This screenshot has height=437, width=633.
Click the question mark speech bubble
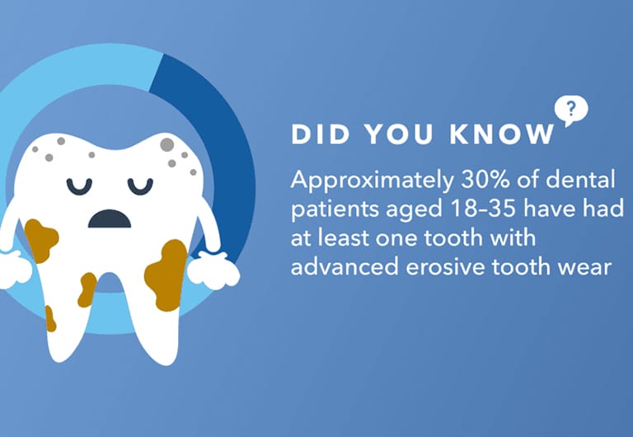pyautogui.click(x=571, y=110)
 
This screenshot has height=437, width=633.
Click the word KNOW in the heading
pyautogui.click(x=503, y=134)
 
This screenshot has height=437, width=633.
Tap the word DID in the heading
pyautogui.click(x=320, y=134)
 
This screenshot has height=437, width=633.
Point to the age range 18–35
pyautogui.click(x=482, y=209)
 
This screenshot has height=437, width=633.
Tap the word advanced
pyautogui.click(x=345, y=266)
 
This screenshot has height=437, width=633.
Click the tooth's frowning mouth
pyautogui.click(x=110, y=218)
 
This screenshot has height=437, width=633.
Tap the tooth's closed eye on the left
pyautogui.click(x=79, y=186)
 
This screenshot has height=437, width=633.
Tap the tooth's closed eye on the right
pyautogui.click(x=140, y=186)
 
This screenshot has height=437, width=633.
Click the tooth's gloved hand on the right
pyautogui.click(x=213, y=270)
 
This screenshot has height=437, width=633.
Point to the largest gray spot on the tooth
pyautogui.click(x=166, y=144)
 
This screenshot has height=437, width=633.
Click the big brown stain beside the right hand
pyautogui.click(x=166, y=275)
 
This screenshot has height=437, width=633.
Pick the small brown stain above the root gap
pyautogui.click(x=87, y=289)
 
